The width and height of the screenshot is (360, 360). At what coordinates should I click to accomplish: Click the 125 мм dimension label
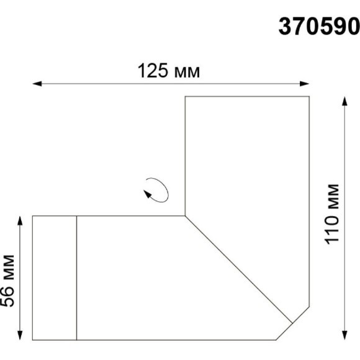click(x=168, y=71)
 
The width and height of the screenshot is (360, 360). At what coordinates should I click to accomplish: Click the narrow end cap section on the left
click(x=54, y=277)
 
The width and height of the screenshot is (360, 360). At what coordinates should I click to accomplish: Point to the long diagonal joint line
click(x=239, y=269)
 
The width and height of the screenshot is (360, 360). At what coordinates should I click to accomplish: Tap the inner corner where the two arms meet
click(x=186, y=216)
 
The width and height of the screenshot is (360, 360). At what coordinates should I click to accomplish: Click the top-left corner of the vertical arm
click(x=186, y=97)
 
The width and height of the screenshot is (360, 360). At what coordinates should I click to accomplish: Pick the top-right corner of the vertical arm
click(x=309, y=97)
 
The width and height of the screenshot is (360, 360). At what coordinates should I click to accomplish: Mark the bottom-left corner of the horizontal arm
click(x=32, y=340)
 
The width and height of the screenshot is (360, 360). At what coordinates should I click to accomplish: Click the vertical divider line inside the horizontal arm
click(x=76, y=277)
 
